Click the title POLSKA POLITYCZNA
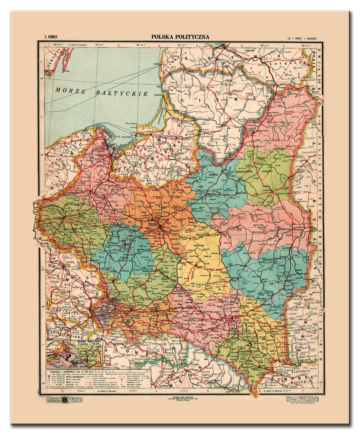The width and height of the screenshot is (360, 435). pos(180,37)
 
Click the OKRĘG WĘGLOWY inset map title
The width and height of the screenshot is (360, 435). pos(88,340)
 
